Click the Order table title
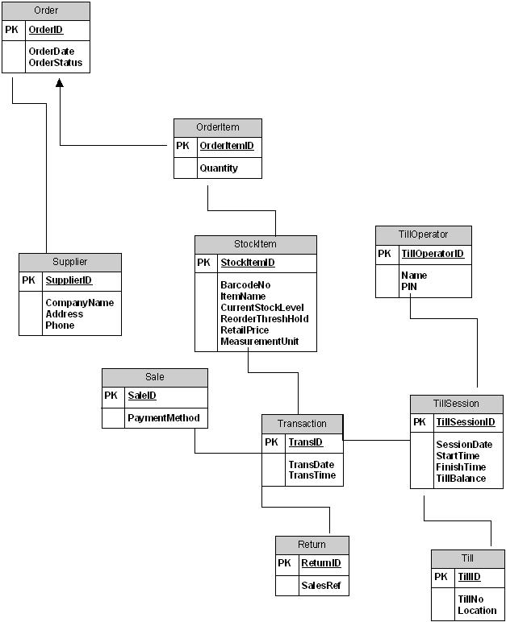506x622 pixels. [x=46, y=10]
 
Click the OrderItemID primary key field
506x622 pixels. [x=227, y=146]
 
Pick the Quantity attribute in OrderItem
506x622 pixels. [x=219, y=168]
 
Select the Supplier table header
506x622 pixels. [x=70, y=262]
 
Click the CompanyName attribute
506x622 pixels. [x=79, y=303]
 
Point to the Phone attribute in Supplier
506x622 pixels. [x=60, y=326]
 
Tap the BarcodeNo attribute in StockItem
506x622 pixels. [x=245, y=285]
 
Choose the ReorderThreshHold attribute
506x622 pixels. [x=264, y=319]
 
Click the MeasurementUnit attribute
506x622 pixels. [x=259, y=342]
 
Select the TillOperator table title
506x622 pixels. [x=423, y=234]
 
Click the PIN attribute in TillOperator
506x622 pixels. [x=408, y=287]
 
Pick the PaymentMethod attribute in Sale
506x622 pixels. [x=164, y=418]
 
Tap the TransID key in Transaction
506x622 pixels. [x=305, y=442]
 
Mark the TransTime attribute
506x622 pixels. [x=312, y=475]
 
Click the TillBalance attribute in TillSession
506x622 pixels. [x=461, y=479]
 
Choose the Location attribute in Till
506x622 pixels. [x=477, y=610]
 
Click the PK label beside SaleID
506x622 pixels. [x=112, y=396]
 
